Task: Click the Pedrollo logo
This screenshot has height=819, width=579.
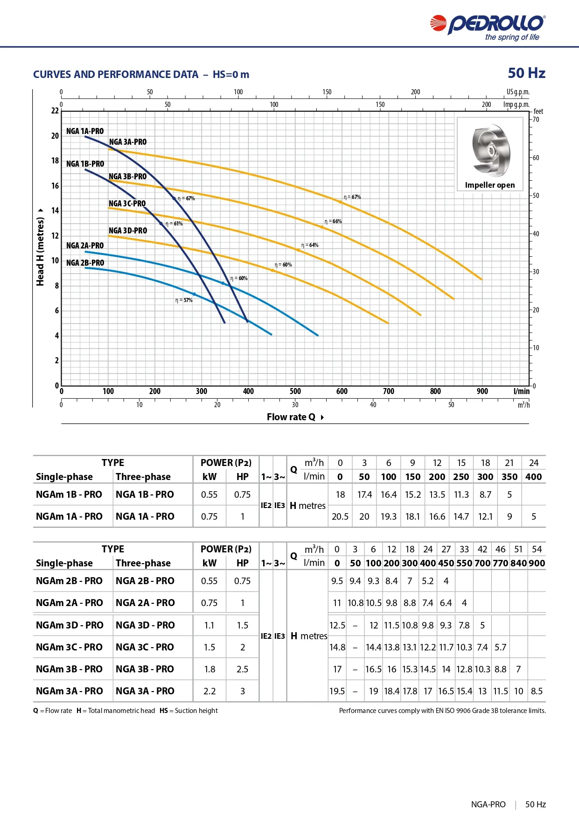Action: (x=488, y=28)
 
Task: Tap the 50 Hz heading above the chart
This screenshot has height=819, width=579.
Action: (x=527, y=73)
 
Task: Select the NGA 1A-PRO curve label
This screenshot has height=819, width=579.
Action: (x=85, y=131)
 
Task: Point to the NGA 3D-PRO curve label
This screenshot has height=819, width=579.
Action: (x=128, y=231)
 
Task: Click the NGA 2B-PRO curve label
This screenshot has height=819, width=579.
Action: (x=85, y=263)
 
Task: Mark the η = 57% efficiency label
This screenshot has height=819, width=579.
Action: (x=184, y=300)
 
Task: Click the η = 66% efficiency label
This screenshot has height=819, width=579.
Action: (x=333, y=221)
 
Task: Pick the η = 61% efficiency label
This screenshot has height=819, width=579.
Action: (x=174, y=224)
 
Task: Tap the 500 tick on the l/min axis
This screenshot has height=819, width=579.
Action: (x=295, y=391)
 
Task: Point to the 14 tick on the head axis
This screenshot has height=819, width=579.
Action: (x=55, y=211)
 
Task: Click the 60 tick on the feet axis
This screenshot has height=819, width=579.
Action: (x=536, y=158)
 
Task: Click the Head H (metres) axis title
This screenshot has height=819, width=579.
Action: (x=41, y=247)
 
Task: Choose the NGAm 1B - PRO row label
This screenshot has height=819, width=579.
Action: (x=69, y=494)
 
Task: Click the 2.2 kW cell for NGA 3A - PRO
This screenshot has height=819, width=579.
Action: (x=209, y=691)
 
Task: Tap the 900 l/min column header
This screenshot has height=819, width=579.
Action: (x=537, y=563)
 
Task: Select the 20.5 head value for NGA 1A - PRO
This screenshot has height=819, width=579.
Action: (x=340, y=516)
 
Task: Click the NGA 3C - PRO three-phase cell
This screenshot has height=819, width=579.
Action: (x=145, y=647)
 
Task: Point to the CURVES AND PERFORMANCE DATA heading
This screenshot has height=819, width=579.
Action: (x=116, y=75)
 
